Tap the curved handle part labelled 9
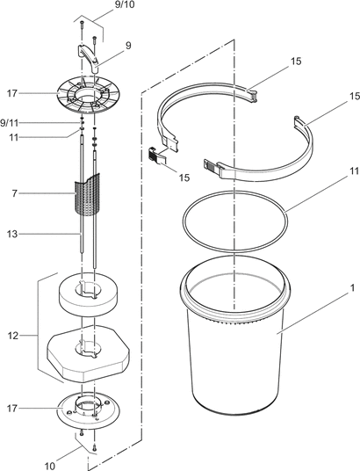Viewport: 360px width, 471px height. [x=89, y=57]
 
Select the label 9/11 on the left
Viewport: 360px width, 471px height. [x=9, y=123]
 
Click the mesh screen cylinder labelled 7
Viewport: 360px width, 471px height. [x=87, y=194]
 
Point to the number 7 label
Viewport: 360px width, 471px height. [x=15, y=193]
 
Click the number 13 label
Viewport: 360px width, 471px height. [x=12, y=234]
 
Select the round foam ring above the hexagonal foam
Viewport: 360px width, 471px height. [x=89, y=293]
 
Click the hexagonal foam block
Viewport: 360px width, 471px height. [x=88, y=354]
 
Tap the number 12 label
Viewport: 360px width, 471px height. [x=12, y=336]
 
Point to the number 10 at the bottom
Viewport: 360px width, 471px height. [x=50, y=466]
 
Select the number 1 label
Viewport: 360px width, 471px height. [x=352, y=288]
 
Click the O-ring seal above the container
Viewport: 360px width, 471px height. [x=235, y=221]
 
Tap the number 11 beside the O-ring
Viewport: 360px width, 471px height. [x=355, y=171]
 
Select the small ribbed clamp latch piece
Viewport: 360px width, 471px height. [x=157, y=156]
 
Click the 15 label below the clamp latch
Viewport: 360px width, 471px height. [x=184, y=178]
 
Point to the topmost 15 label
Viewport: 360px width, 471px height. [x=295, y=62]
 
